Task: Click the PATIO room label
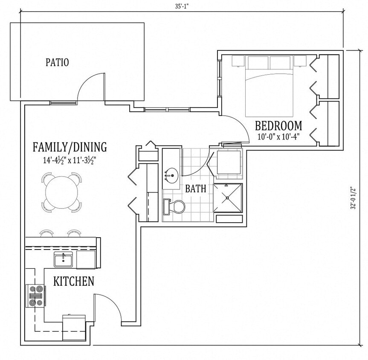[57, 62]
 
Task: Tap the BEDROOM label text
[278, 126]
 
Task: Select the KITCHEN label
[74, 282]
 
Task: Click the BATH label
[196, 189]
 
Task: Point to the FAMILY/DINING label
[70, 148]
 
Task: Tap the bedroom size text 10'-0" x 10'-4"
[278, 137]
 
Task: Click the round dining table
[62, 192]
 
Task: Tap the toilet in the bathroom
[175, 207]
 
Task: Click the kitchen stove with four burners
[36, 296]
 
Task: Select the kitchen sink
[63, 259]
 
